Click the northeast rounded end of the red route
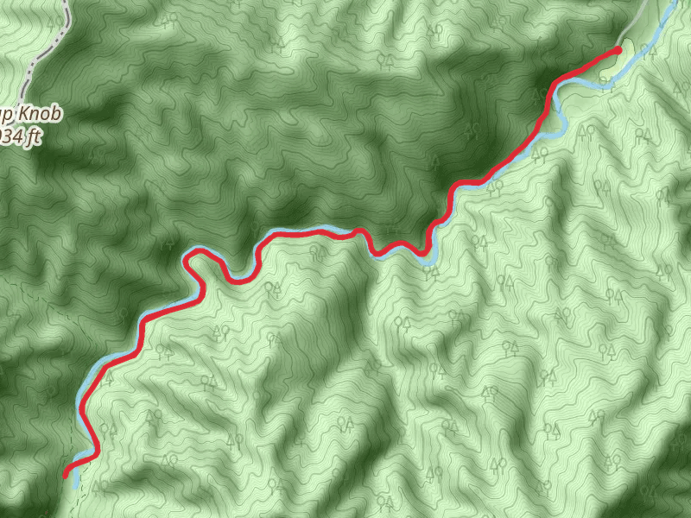coord(617,51)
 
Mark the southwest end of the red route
coord(66,473)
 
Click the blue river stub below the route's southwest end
coord(76,480)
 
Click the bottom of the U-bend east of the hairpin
coord(235,278)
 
